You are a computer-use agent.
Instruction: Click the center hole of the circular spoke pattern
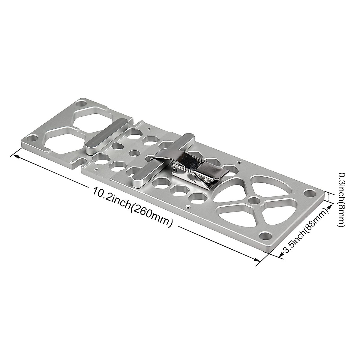254,200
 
